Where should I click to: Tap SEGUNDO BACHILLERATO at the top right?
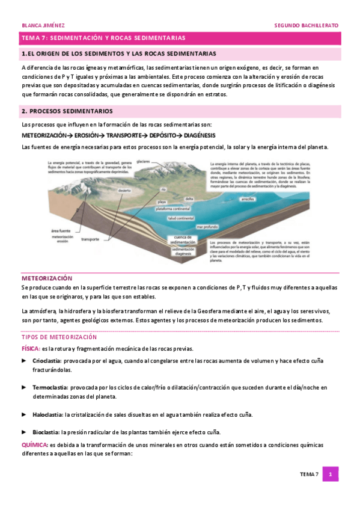[x=306, y=26]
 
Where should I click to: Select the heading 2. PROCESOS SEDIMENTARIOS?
[x=71, y=111]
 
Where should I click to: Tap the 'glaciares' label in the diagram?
[x=142, y=162]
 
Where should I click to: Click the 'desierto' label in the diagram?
[x=124, y=190]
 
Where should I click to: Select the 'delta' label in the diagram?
[x=189, y=198]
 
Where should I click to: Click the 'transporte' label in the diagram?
[x=90, y=239]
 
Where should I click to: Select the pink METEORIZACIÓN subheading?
[x=47, y=278]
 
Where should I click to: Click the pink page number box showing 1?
[x=330, y=475]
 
